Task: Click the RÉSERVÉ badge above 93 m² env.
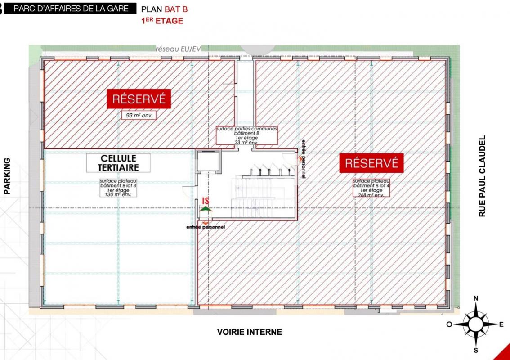pos(139,99)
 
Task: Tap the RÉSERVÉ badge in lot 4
pos(371,163)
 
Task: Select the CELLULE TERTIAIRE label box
pos(118,163)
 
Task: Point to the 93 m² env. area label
pos(139,115)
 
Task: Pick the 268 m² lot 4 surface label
pos(371,187)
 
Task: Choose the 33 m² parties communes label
pos(246,135)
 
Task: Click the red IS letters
pos(206,201)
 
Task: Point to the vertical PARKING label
pos(7,175)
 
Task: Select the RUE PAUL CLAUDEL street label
pos(483,176)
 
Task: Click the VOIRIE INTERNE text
pos(249,332)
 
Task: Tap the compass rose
pos(476,324)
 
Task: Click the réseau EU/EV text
pos(178,49)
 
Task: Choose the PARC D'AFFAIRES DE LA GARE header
pos(74,9)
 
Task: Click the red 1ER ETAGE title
pos(162,21)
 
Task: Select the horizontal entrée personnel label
pos(206,227)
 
